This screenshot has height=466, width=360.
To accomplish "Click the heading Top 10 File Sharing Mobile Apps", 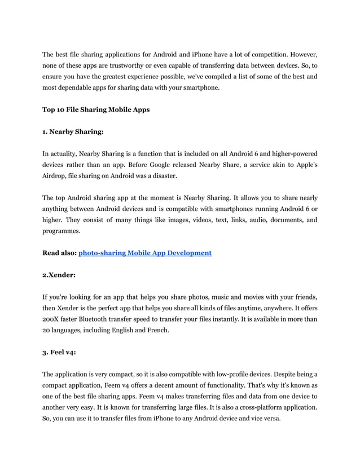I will (x=96, y=109).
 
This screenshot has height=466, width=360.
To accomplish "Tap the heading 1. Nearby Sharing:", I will (x=73, y=131).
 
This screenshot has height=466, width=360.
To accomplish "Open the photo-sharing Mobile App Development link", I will (x=145, y=253).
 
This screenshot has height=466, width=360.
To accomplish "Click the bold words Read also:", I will (x=59, y=253).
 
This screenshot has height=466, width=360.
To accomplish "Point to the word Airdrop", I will (x=55, y=176).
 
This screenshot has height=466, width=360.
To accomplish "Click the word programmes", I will (x=62, y=231).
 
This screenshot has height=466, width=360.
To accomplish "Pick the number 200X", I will (x=52, y=319).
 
